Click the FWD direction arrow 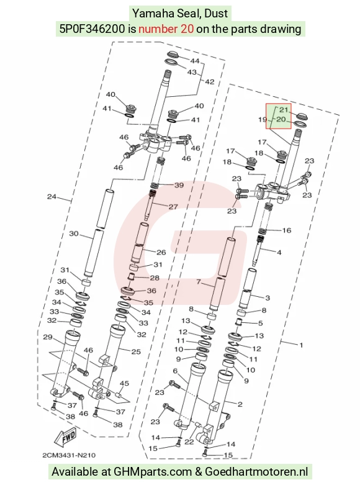(x=66, y=438)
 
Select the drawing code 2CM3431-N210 (x=69, y=455)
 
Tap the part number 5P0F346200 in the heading (x=92, y=29)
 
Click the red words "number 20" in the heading (x=166, y=29)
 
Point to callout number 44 (x=194, y=61)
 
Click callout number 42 (x=209, y=82)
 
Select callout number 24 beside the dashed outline (x=52, y=197)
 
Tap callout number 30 (x=74, y=233)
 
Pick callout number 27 (x=173, y=207)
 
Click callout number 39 (x=179, y=185)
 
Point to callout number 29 (x=48, y=337)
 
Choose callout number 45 (x=124, y=384)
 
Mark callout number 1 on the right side (x=301, y=345)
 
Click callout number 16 (x=287, y=230)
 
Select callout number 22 (x=189, y=442)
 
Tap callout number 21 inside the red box (x=284, y=110)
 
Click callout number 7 (x=199, y=282)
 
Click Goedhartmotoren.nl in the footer (x=256, y=472)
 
